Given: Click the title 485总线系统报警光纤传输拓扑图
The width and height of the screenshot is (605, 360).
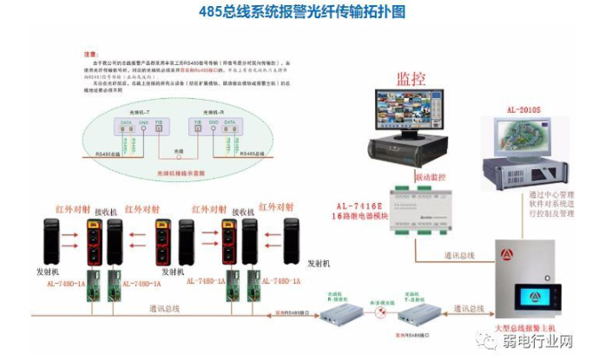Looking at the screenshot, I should coord(301,12).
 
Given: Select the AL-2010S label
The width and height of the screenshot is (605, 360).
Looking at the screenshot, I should coord(523,111).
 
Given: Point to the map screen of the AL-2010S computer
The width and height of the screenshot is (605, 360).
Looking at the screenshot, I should coord(521,139).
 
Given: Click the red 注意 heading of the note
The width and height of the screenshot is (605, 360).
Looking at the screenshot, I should coord(89,52).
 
